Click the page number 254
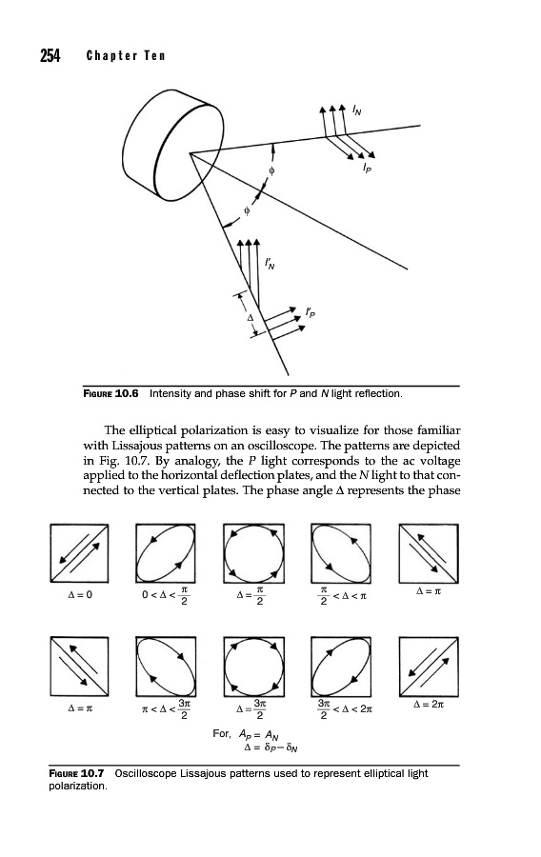pos(50,56)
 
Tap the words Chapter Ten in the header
pos(125,56)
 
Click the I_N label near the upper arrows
pos(357,111)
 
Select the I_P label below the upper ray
pos(368,169)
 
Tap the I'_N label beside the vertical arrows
pos(270,265)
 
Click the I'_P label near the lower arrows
pos(311,312)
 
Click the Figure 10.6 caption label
pos(110,393)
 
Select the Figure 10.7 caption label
pos(76,773)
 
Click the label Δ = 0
pos(80,594)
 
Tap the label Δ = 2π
pos(429,704)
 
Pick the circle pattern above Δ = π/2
pos(253,553)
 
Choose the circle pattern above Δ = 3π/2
pos(253,666)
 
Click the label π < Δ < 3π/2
pos(166,708)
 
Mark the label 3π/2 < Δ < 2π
pos(345,708)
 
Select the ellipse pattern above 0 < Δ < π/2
pos(166,553)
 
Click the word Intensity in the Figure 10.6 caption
pos(170,393)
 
